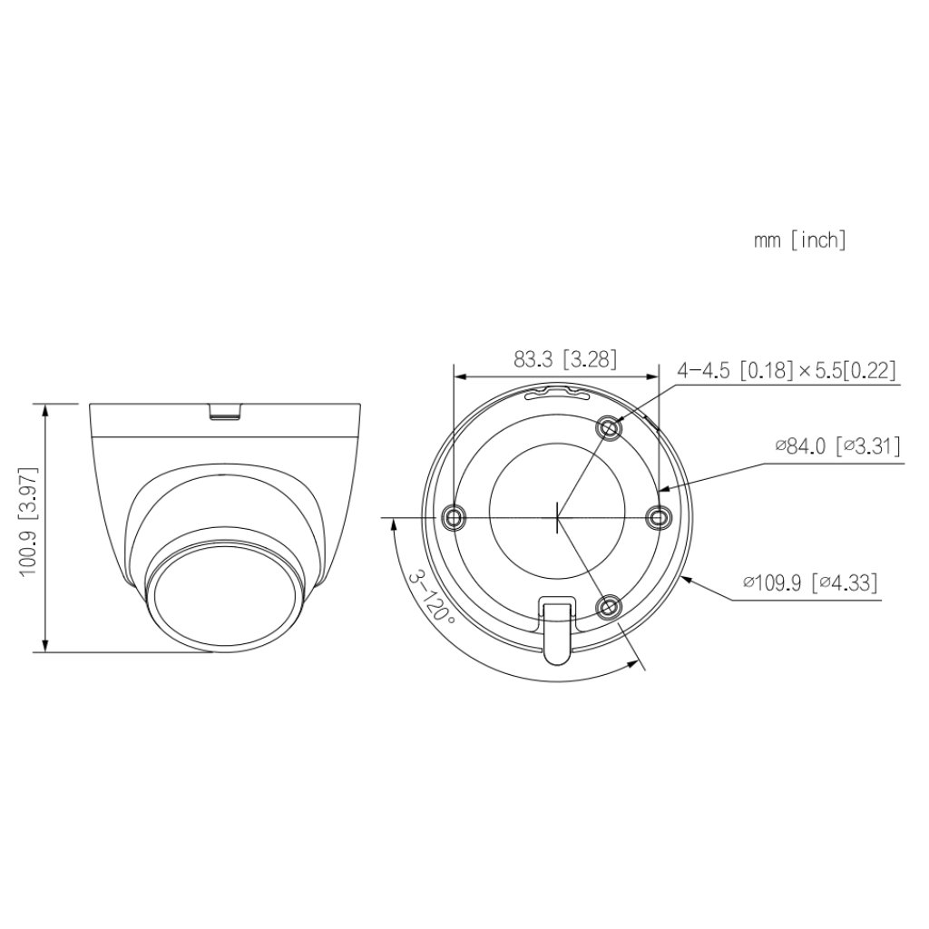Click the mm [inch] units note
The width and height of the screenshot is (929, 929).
coord(798,240)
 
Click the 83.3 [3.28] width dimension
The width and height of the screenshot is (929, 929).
coord(564,359)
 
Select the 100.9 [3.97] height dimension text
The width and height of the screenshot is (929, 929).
coord(28,526)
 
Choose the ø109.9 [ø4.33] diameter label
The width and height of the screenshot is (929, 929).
coord(809,582)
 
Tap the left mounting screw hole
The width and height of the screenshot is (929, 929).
coord(453,517)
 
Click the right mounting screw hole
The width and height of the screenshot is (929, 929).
coord(658,517)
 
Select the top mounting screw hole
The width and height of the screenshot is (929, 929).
coord(610,427)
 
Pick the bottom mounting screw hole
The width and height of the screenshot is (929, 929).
coord(610,605)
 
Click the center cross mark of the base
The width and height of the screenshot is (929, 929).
coord(556,518)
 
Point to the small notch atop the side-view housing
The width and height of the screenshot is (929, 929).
coord(226,411)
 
